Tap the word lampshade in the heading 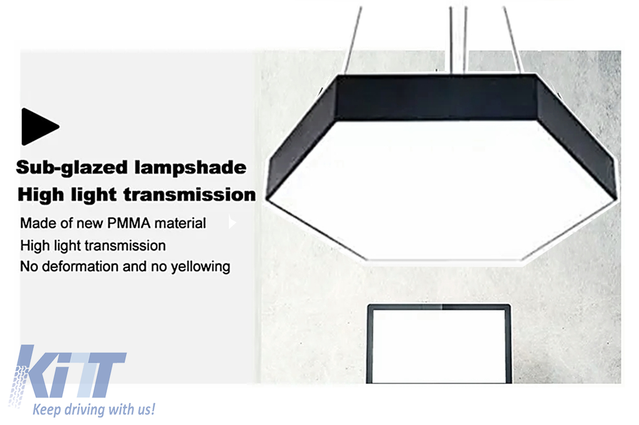click(x=190, y=167)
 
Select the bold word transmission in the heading click(x=190, y=194)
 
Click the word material click(x=180, y=223)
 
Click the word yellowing click(x=200, y=267)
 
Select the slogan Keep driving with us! click(x=94, y=409)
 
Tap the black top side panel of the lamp click(x=436, y=98)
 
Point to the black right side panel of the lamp click(x=577, y=138)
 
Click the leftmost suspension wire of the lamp click(x=353, y=41)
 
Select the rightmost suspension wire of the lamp click(x=514, y=40)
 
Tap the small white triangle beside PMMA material click(x=232, y=222)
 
